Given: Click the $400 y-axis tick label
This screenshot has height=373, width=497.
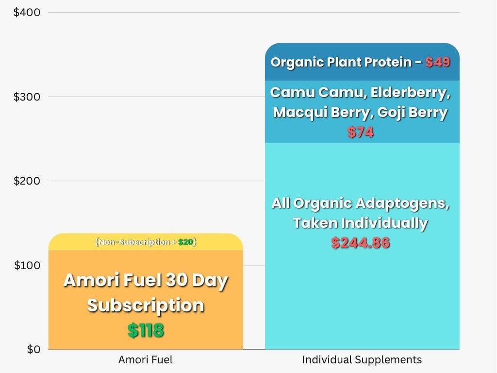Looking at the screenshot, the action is pyautogui.click(x=27, y=12).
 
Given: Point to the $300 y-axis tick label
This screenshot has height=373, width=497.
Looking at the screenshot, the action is pyautogui.click(x=27, y=97).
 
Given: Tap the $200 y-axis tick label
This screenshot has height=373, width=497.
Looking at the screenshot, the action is pyautogui.click(x=27, y=181).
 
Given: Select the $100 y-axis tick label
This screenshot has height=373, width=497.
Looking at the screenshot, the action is pyautogui.click(x=27, y=265).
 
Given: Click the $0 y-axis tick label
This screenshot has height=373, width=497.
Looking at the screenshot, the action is pyautogui.click(x=33, y=349).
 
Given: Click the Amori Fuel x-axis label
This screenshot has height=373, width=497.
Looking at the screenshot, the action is pyautogui.click(x=146, y=360).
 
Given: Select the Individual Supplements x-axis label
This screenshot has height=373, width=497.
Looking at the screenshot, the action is pyautogui.click(x=362, y=360).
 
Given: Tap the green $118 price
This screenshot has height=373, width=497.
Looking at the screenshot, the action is pyautogui.click(x=146, y=330).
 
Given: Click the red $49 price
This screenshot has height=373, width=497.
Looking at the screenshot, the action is pyautogui.click(x=438, y=62).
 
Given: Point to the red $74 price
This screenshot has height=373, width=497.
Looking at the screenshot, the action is pyautogui.click(x=361, y=132).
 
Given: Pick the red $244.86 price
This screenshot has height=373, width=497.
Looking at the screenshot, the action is pyautogui.click(x=361, y=243).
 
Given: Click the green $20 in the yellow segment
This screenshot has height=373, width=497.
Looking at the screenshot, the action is pyautogui.click(x=186, y=242).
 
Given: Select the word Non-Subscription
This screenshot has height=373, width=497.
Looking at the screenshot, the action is pyautogui.click(x=134, y=242).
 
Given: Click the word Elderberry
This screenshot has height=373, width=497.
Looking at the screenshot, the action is pyautogui.click(x=411, y=93).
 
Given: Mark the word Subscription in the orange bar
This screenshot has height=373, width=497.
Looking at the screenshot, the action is pyautogui.click(x=146, y=305).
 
